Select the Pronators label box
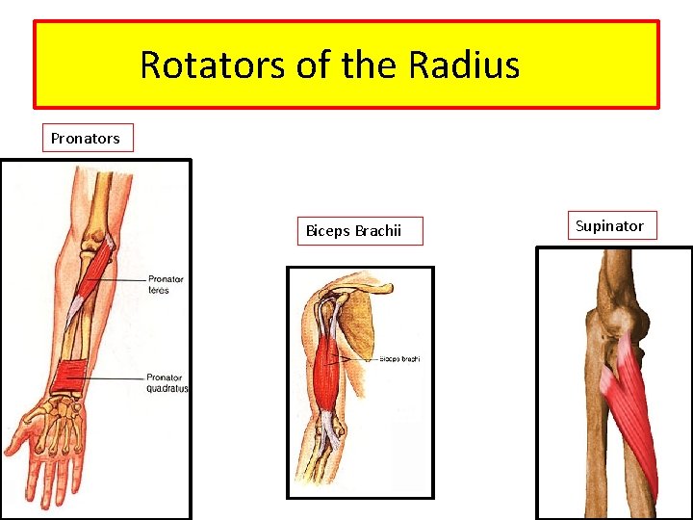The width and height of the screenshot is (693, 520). pos(86,138)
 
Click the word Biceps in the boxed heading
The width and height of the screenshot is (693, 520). pos(328,231)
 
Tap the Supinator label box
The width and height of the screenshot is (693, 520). pos(609,226)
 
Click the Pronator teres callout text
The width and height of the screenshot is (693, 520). pos(166,284)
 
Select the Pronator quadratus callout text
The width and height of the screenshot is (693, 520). pos(167,382)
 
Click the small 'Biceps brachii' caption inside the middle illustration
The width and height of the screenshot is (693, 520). pos(399,359)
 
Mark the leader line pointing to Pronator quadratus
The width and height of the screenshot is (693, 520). pos(115,378)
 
